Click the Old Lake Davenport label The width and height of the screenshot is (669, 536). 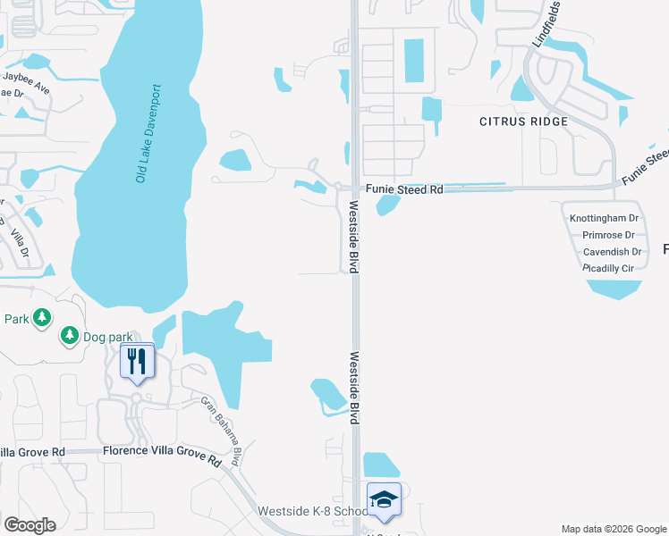point(148,134)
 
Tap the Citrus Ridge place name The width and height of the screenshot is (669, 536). point(523,121)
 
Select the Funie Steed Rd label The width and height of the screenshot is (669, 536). point(404,189)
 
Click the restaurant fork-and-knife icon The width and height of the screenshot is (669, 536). point(137,361)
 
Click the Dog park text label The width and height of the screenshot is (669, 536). point(108,337)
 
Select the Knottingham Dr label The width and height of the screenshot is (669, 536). point(604,218)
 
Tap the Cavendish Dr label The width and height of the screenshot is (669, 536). point(612,252)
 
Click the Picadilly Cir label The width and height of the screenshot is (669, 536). point(608,268)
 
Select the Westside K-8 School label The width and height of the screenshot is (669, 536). point(311,512)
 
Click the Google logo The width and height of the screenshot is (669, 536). point(30,525)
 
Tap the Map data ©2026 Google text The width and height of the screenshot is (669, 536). point(613,529)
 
